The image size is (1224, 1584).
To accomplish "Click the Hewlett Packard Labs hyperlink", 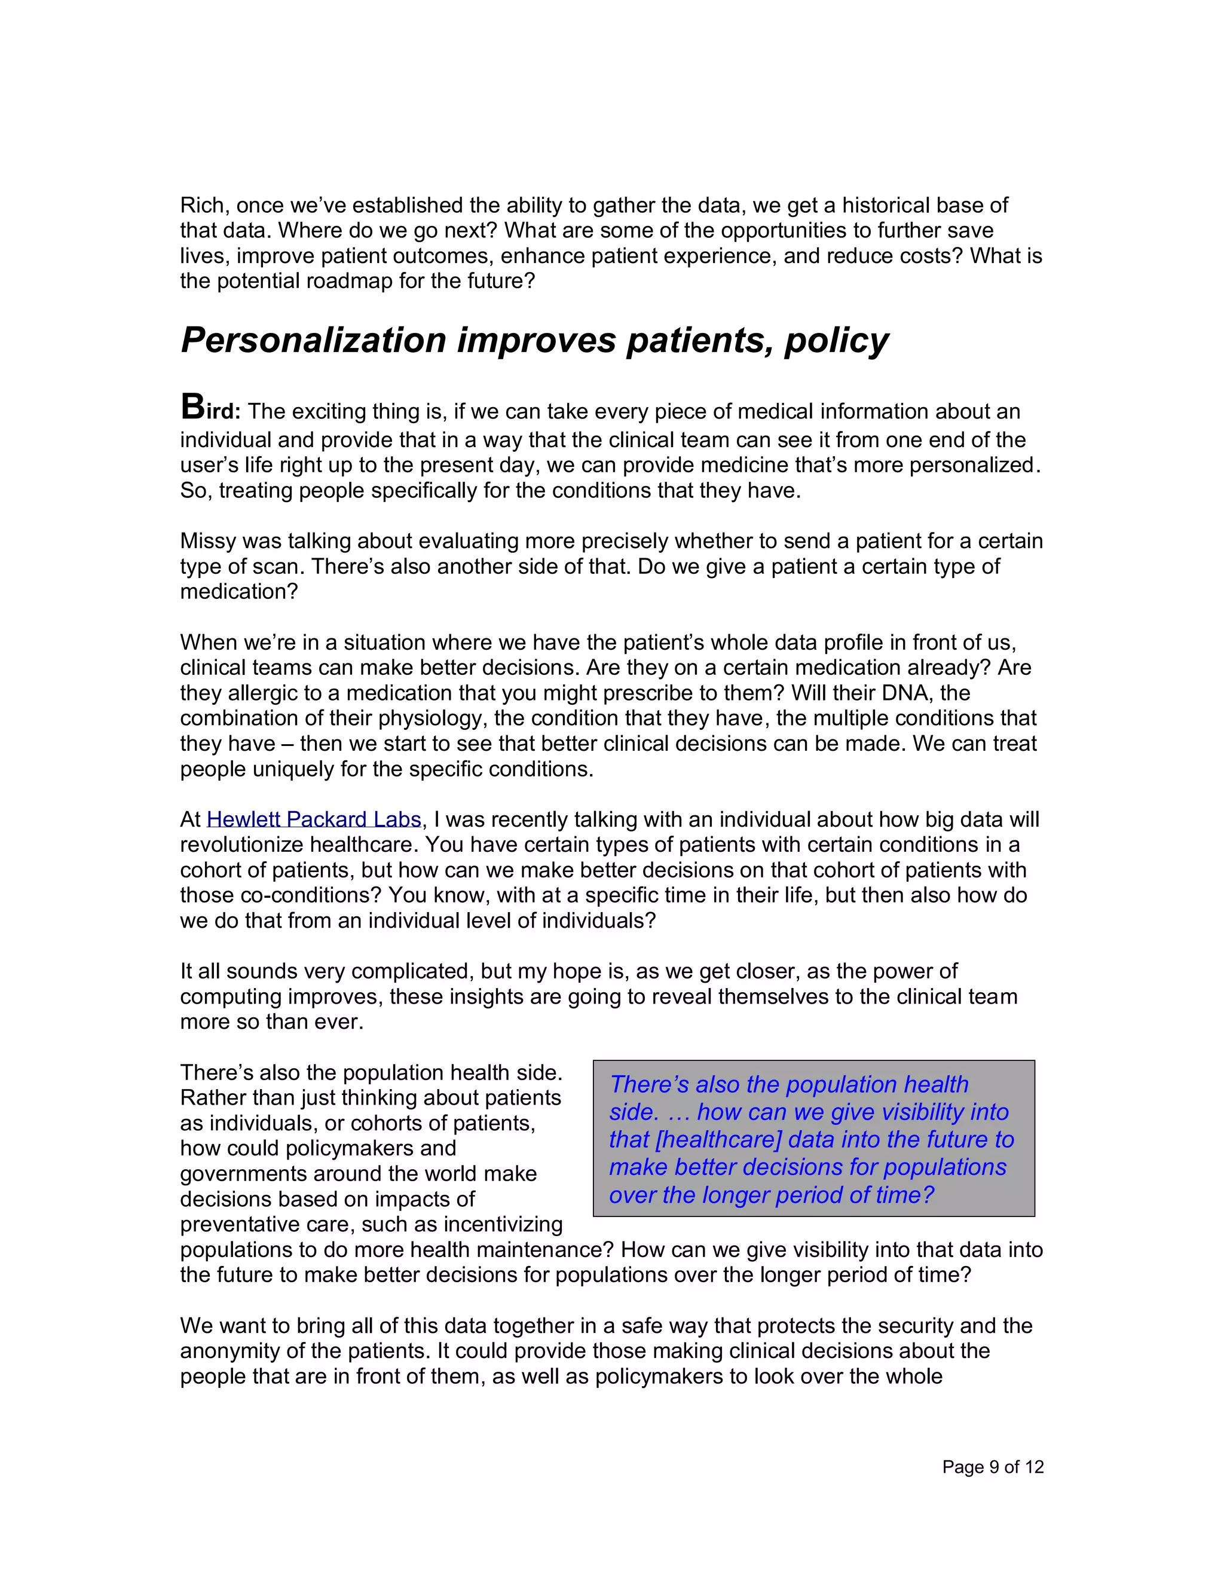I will coord(313,819).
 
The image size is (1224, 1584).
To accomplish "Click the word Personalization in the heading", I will coord(313,340).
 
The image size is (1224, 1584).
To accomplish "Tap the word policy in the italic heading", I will coord(836,340).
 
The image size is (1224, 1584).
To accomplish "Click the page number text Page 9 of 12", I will coord(992,1467).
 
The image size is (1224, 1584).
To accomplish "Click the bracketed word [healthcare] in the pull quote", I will coord(718,1139).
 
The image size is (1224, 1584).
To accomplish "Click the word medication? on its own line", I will coord(238,592).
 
